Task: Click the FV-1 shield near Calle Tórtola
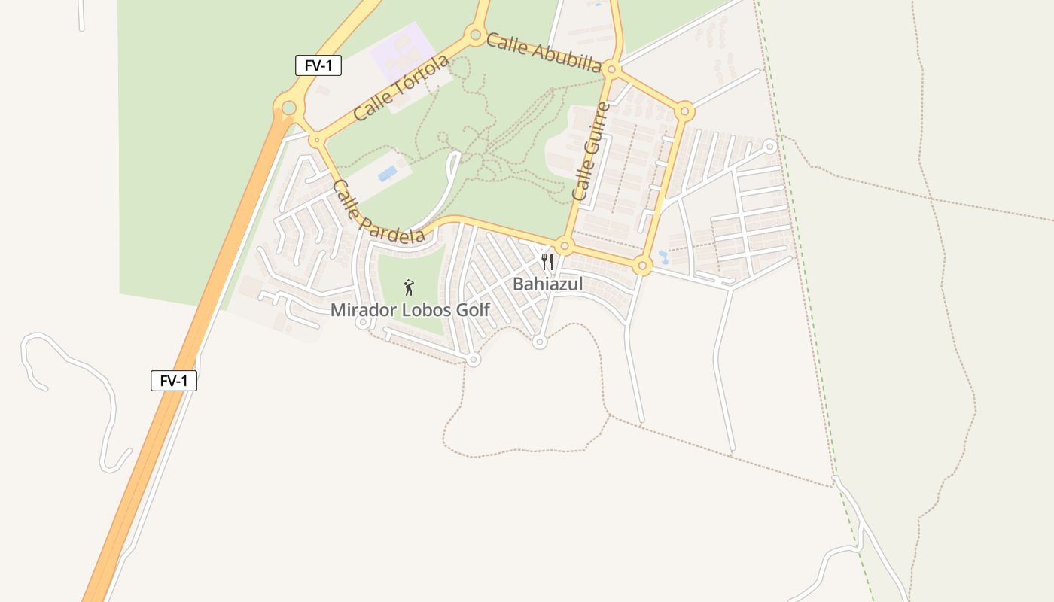[x=318, y=65]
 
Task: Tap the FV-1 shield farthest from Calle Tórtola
[x=174, y=381]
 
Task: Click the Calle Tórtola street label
[x=401, y=87]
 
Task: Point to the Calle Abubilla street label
[x=544, y=52]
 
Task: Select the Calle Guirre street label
[x=590, y=151]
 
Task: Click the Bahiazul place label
[x=548, y=284]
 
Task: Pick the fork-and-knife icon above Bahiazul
[x=547, y=262]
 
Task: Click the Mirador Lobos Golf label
[x=410, y=309]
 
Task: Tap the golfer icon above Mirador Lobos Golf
[x=409, y=287]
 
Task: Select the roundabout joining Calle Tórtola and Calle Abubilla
[x=475, y=34]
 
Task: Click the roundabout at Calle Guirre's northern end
[x=611, y=71]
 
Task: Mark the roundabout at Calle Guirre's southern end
[x=565, y=246]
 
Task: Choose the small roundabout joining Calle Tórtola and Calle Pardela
[x=315, y=140]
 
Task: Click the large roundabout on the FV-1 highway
[x=288, y=108]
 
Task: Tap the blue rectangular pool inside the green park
[x=388, y=174]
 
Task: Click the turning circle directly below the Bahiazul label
[x=539, y=342]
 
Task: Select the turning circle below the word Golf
[x=473, y=360]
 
